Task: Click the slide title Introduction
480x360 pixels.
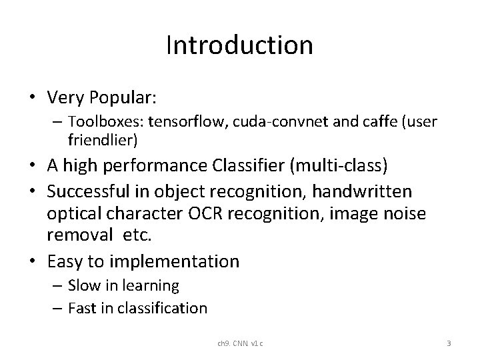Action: (x=239, y=45)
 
